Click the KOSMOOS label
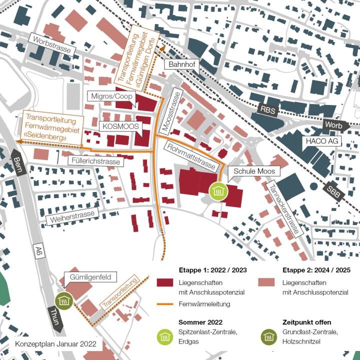[120, 126]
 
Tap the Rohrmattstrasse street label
[192, 155]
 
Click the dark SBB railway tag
[333, 191]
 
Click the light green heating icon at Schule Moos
[218, 190]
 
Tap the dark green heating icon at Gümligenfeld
[64, 301]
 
